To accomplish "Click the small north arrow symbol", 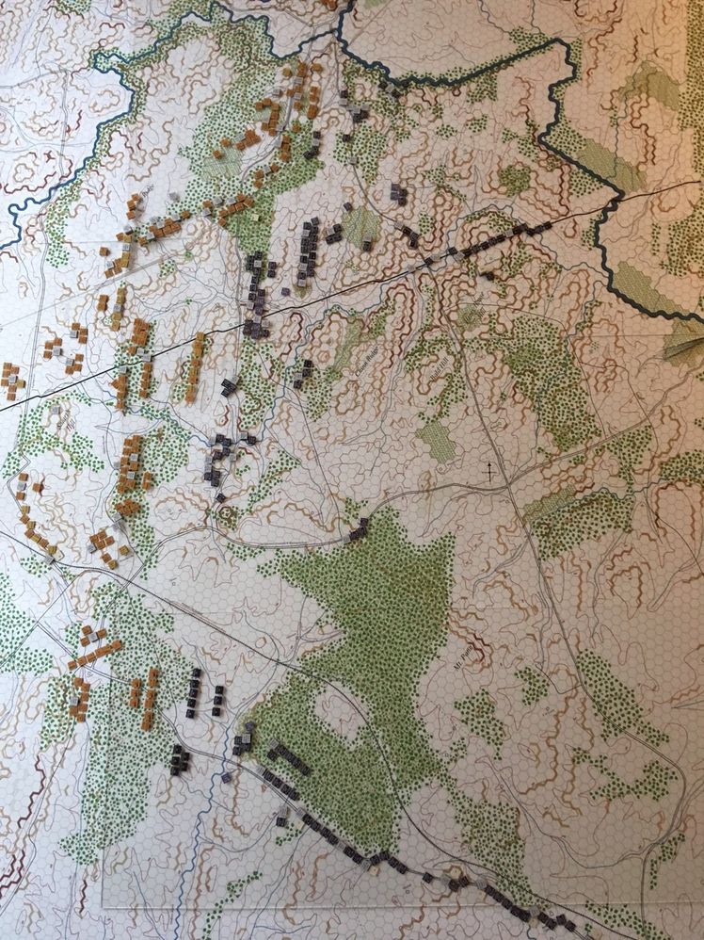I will (x=489, y=467).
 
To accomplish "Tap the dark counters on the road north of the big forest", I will (x=358, y=532).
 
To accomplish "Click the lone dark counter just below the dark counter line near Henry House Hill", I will (x=488, y=275).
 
